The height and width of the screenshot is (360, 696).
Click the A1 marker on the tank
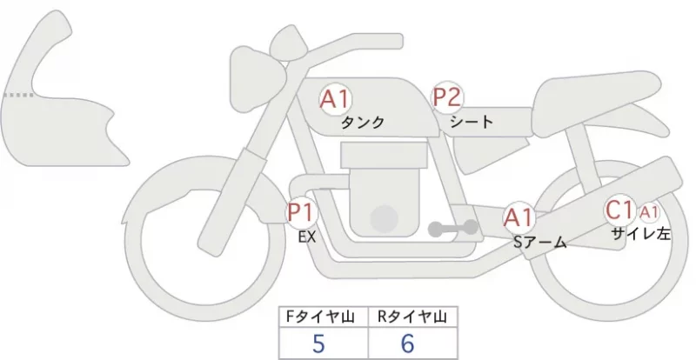point(335,99)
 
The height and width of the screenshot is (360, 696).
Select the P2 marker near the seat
point(448,97)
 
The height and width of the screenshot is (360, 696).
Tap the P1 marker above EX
point(302,212)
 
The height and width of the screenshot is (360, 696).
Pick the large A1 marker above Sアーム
point(519,217)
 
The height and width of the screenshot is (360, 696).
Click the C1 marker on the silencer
point(619,210)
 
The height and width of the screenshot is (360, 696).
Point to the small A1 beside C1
point(648,213)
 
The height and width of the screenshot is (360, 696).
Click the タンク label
point(363,122)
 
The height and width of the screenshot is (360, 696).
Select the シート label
point(472,121)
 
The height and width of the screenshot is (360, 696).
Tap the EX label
point(307,237)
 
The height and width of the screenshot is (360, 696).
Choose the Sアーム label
point(539,243)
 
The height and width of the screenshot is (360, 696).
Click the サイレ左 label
point(640,234)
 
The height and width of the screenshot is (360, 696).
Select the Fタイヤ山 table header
point(320,317)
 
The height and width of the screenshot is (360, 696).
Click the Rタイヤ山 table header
point(412,317)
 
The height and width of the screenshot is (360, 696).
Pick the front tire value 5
point(318,343)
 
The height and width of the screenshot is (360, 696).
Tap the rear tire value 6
point(407,343)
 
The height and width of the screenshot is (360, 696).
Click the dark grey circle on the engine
point(384,219)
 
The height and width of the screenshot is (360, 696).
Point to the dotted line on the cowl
point(18,95)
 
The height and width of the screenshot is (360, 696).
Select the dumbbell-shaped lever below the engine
point(452,228)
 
